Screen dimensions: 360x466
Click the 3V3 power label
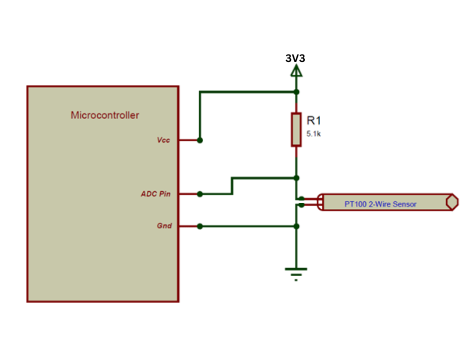pyautogui.click(x=295, y=59)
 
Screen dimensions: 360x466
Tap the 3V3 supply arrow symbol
pyautogui.click(x=296, y=72)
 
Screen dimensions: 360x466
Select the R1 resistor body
pyautogui.click(x=296, y=129)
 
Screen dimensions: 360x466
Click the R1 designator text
pyautogui.click(x=314, y=120)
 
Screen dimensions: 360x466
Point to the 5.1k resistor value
pyautogui.click(x=314, y=133)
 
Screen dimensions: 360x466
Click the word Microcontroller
pyautogui.click(x=105, y=116)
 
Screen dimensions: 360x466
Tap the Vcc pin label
pyautogui.click(x=164, y=140)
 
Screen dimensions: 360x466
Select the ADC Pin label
pyautogui.click(x=156, y=194)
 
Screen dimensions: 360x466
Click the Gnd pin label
pyautogui.click(x=164, y=226)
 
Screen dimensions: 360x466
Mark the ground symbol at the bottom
pyautogui.click(x=296, y=272)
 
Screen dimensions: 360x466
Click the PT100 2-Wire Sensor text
pyautogui.click(x=381, y=204)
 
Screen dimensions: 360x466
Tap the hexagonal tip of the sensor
pyautogui.click(x=452, y=202)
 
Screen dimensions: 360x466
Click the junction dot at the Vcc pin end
pyautogui.click(x=200, y=140)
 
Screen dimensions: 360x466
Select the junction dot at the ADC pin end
pyautogui.click(x=200, y=194)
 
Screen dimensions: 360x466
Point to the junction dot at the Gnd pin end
pyautogui.click(x=200, y=226)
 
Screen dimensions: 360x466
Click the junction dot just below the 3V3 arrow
pyautogui.click(x=296, y=92)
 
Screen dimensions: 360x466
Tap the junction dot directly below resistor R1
pyautogui.click(x=296, y=178)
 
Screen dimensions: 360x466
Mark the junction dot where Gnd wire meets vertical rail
pyautogui.click(x=296, y=226)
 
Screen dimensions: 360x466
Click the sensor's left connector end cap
pyautogui.click(x=320, y=202)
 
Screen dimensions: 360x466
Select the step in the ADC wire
pyautogui.click(x=232, y=185)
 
